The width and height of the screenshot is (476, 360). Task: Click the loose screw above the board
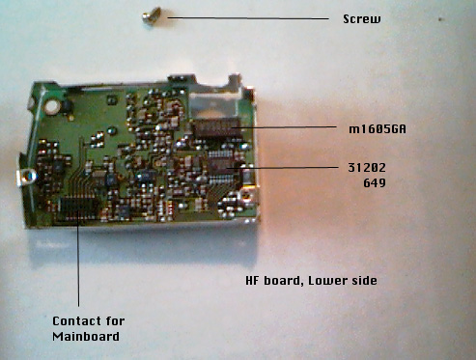(152, 15)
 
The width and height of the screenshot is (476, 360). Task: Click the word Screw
(362, 19)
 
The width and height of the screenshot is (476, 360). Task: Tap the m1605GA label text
(378, 129)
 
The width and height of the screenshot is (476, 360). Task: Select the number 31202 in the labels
(367, 167)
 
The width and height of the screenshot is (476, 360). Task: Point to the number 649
(375, 183)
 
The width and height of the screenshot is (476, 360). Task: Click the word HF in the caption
(252, 280)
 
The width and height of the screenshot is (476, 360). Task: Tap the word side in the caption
(364, 280)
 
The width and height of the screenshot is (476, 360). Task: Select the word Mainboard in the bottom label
(86, 336)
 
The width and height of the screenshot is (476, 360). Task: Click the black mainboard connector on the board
(78, 208)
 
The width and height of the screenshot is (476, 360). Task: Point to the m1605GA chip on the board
(216, 128)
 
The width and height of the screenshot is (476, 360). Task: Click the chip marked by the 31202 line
(222, 166)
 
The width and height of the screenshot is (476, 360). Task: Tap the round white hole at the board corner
(51, 107)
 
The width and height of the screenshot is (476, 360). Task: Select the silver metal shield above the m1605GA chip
(213, 105)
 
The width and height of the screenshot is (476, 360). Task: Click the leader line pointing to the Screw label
(248, 18)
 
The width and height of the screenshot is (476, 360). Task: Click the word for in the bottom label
(115, 320)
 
